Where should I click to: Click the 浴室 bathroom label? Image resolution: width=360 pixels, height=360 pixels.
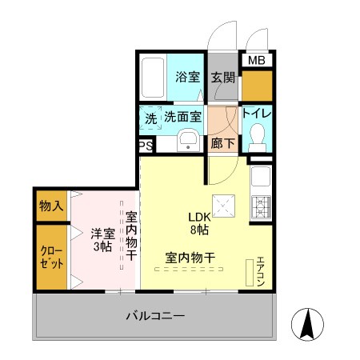[189, 78]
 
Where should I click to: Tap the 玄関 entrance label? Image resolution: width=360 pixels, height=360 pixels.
[223, 78]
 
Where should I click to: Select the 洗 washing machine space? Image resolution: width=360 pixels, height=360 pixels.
[150, 118]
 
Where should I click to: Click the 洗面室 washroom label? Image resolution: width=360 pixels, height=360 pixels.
[183, 117]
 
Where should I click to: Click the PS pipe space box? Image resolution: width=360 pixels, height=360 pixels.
[146, 146]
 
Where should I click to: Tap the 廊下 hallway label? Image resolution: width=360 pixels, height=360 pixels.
[223, 144]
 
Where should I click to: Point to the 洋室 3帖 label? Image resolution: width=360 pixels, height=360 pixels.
[101, 238]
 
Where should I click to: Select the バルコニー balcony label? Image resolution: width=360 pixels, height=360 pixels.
[155, 316]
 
